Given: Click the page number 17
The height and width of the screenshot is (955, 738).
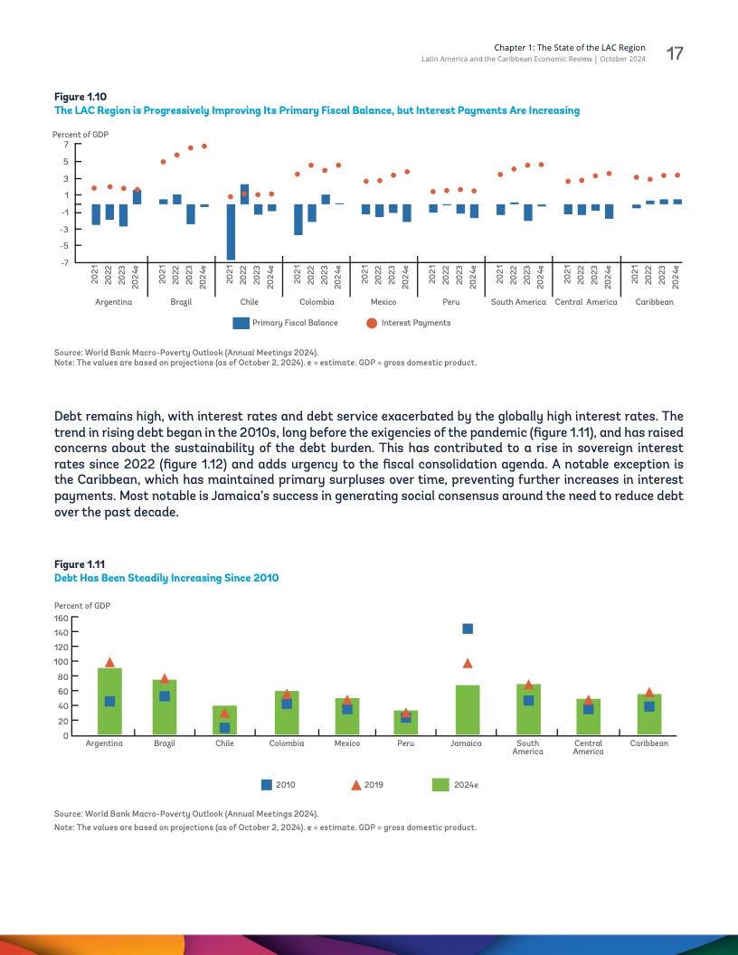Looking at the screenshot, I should [674, 54].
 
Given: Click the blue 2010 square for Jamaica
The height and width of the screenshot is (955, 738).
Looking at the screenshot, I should [468, 629].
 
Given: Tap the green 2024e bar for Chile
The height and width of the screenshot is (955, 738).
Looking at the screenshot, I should [224, 720].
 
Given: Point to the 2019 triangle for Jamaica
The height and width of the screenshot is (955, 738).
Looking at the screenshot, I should [468, 663].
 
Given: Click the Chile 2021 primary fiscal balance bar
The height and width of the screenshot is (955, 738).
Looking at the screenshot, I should [231, 232].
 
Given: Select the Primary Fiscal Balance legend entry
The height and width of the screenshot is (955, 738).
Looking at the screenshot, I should [285, 323].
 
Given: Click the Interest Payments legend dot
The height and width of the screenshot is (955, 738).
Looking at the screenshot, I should [372, 323].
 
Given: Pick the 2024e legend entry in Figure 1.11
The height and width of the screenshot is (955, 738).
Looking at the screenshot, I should [455, 785].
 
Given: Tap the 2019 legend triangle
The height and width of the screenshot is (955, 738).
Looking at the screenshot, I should [356, 785].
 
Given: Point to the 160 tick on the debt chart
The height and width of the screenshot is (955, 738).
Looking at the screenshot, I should [62, 618].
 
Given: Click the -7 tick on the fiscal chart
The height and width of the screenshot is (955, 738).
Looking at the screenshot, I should [65, 263].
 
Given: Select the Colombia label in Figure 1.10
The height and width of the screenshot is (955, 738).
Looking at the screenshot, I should [317, 301].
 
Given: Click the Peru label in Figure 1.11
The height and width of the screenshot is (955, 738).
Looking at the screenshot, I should [406, 743].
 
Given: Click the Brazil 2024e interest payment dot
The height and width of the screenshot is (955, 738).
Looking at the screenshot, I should [204, 146].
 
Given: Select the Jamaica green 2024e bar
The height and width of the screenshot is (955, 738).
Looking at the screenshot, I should [468, 710].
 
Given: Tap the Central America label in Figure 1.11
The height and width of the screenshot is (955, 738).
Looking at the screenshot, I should [588, 747].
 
